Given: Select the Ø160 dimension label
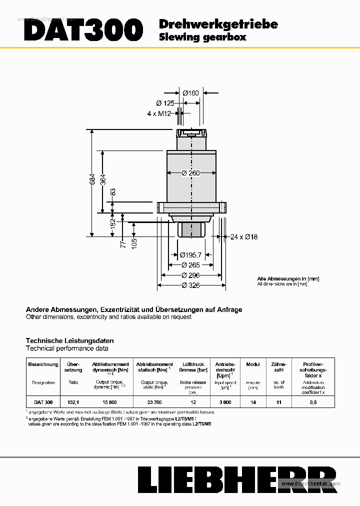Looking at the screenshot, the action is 190,92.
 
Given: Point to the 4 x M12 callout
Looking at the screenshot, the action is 159,113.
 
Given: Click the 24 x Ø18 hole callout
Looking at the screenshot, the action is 244,236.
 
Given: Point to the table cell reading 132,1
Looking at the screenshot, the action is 73,402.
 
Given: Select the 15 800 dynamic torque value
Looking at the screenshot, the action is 110,402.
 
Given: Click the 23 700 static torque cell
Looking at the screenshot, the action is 154,402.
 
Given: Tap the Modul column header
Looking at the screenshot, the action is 253,364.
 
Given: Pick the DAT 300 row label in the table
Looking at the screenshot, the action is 43,402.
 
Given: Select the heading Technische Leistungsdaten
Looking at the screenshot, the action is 69,340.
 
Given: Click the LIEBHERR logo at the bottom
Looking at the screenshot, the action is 237,480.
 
